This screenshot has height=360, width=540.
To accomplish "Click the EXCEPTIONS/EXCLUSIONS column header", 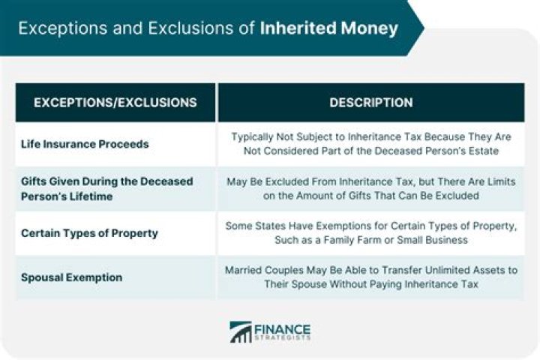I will click(x=115, y=103).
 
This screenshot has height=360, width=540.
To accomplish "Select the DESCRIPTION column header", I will click(x=370, y=103).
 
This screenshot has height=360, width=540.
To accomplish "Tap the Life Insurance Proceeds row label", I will click(x=85, y=143).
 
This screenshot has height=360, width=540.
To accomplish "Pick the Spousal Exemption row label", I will click(x=71, y=277).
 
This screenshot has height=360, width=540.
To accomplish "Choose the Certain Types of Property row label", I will click(x=89, y=232).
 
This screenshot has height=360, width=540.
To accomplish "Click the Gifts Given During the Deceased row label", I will click(x=106, y=181).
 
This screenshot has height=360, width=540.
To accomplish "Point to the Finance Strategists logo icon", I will click(x=241, y=332).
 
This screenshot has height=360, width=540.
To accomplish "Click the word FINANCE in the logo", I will click(x=283, y=328).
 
